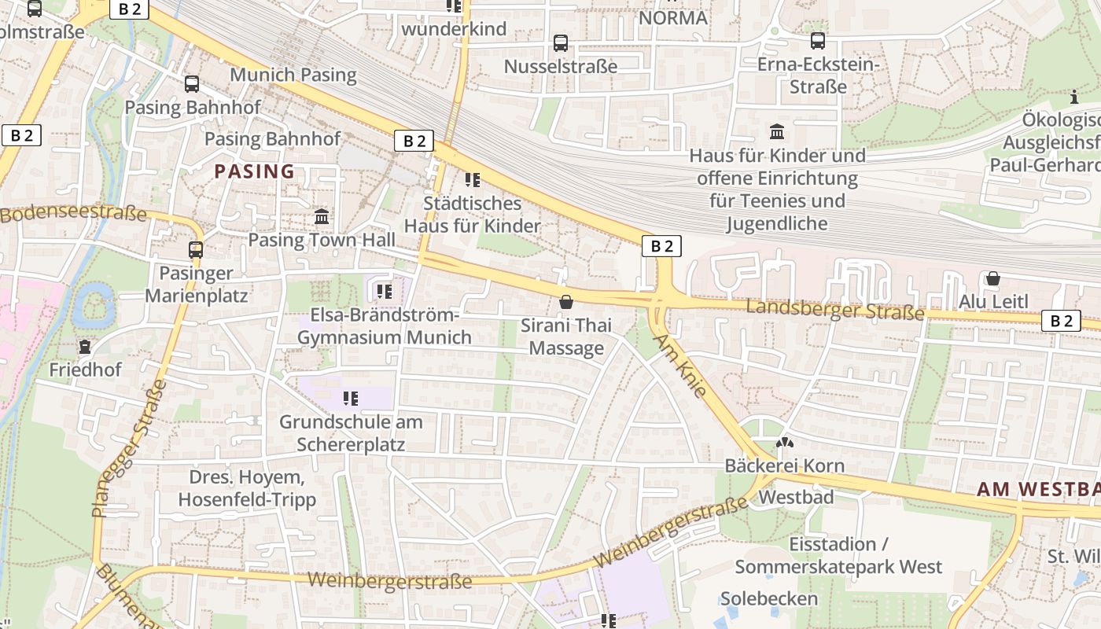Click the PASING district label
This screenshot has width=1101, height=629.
coord(254,171)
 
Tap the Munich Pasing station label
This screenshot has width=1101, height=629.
coord(293,75)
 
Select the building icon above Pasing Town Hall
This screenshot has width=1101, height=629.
coord(322,216)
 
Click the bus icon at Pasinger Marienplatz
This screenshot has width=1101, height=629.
coord(196,250)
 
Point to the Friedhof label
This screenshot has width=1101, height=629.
coord(85,369)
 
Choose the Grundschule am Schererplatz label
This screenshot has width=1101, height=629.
coord(351,432)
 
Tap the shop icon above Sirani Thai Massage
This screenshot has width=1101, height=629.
coord(565,302)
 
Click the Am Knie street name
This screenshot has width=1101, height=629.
coord(680,366)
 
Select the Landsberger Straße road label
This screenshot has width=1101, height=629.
coord(834,309)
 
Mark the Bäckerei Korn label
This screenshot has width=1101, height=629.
coord(784,465)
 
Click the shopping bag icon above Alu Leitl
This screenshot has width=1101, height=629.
coord(993,278)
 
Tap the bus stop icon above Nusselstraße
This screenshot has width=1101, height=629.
coord(561,42)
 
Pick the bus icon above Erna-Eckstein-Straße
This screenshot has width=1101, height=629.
coord(818,40)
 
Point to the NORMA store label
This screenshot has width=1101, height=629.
coord(672,17)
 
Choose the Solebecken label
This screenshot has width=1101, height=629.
coord(768,598)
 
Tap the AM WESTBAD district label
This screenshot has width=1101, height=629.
coord(1038,489)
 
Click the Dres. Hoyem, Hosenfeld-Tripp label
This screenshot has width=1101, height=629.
coord(246,488)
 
